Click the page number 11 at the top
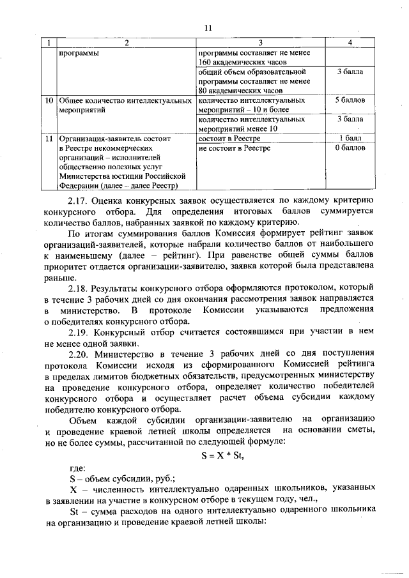tap(208, 27)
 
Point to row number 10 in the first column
tap(49, 101)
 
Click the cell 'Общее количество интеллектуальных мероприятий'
tap(125, 105)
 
